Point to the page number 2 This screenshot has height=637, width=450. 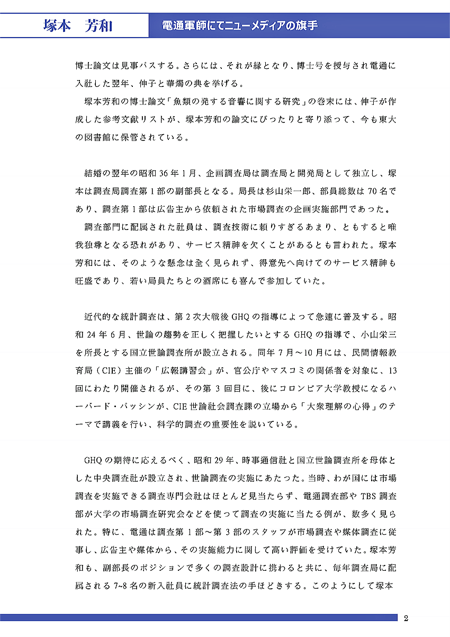[406, 618]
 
